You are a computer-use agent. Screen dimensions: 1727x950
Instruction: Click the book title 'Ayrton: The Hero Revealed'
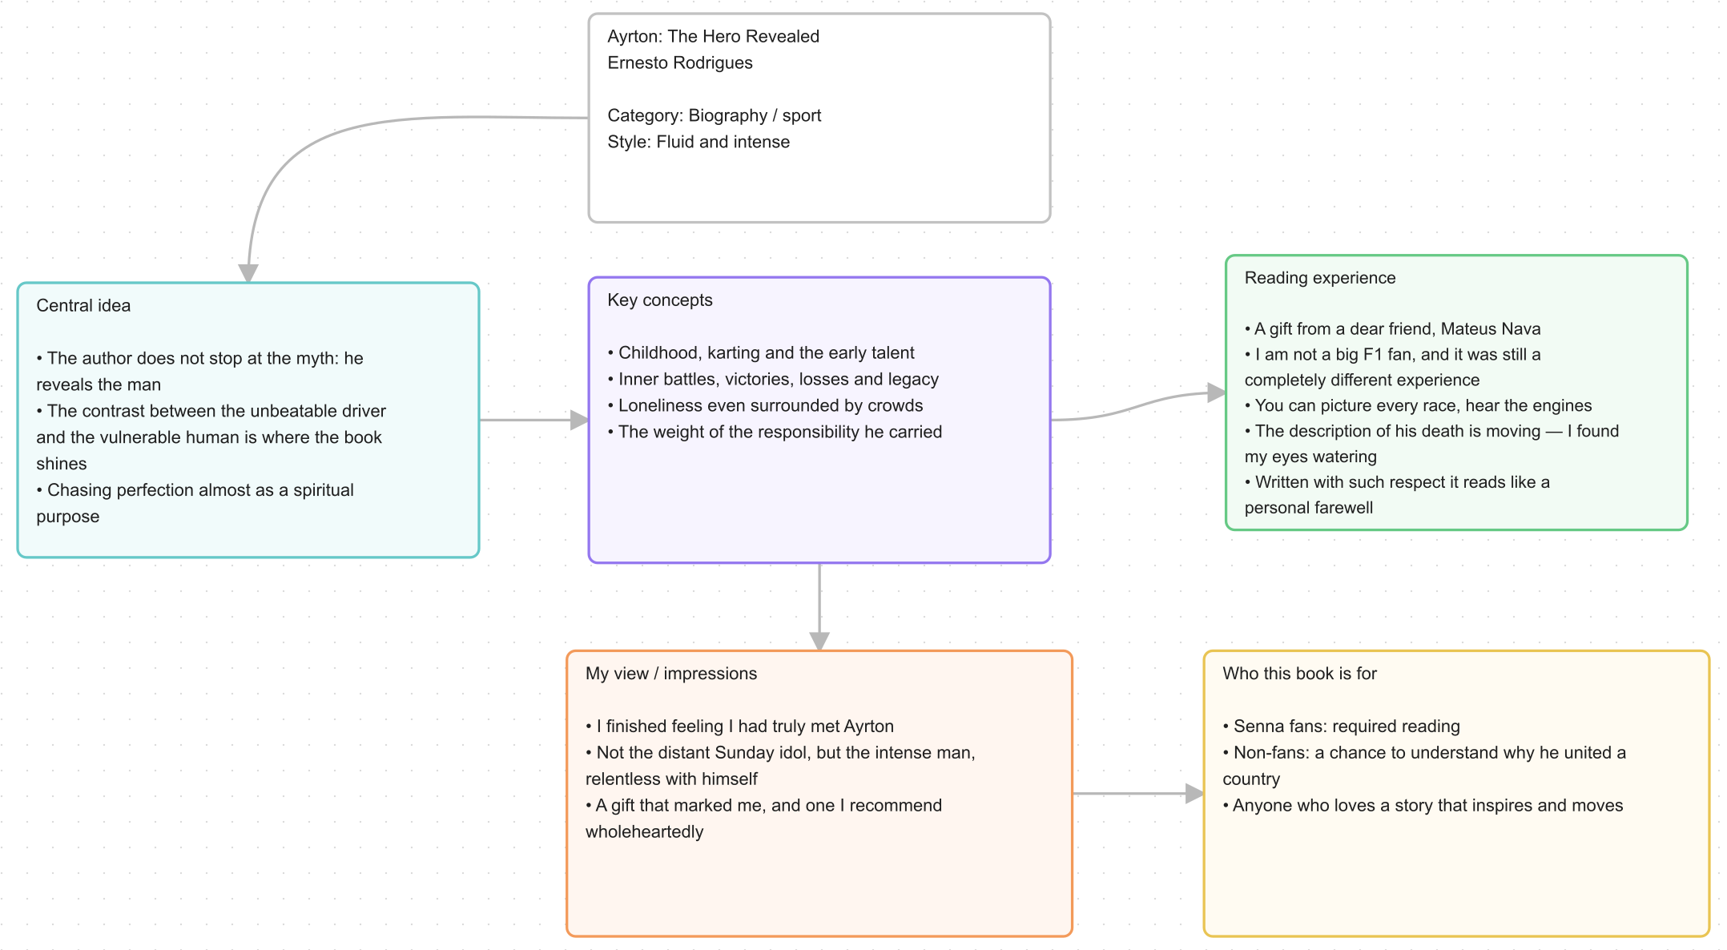click(x=713, y=36)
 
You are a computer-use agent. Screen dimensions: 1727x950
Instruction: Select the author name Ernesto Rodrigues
click(x=680, y=62)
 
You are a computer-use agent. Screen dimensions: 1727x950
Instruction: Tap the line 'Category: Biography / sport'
click(x=715, y=115)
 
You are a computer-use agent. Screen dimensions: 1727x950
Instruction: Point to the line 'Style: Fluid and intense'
click(x=698, y=142)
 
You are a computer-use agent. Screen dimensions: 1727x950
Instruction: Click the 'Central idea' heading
click(x=83, y=305)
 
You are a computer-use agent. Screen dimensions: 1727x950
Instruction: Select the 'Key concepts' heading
click(x=660, y=300)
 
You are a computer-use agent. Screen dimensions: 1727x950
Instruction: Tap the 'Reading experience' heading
click(x=1320, y=278)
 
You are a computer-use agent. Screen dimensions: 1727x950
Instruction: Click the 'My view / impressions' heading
click(x=671, y=674)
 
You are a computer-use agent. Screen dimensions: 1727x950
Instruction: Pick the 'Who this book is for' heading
click(x=1300, y=674)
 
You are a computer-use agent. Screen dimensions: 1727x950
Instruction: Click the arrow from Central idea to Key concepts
click(x=534, y=420)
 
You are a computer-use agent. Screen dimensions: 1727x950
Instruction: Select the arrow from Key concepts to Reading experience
click(x=1138, y=407)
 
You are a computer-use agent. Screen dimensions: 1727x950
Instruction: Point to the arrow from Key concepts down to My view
click(x=819, y=607)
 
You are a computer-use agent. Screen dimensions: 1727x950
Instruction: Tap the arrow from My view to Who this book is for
click(x=1138, y=794)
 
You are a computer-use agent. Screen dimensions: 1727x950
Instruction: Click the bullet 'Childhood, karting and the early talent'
click(x=761, y=352)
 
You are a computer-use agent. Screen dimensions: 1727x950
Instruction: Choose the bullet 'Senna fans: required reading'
click(x=1342, y=727)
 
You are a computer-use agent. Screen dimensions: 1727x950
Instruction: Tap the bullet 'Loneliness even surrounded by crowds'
click(x=765, y=405)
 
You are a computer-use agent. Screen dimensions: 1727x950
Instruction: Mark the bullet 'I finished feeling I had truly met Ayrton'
click(x=739, y=727)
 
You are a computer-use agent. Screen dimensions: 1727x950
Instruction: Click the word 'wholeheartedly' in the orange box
click(x=645, y=832)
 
